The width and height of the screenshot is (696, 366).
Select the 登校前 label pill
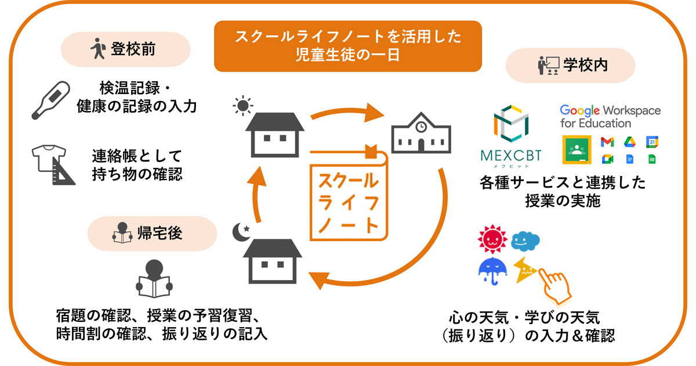click(x=126, y=49)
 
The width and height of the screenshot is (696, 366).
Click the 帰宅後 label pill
click(x=151, y=234)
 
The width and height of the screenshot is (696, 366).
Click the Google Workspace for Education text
click(x=610, y=116)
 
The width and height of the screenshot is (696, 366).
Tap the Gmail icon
click(x=607, y=142)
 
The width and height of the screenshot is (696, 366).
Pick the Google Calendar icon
click(x=652, y=142)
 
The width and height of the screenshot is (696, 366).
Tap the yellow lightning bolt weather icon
click(x=524, y=268)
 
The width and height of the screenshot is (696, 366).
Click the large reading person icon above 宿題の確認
click(x=154, y=278)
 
